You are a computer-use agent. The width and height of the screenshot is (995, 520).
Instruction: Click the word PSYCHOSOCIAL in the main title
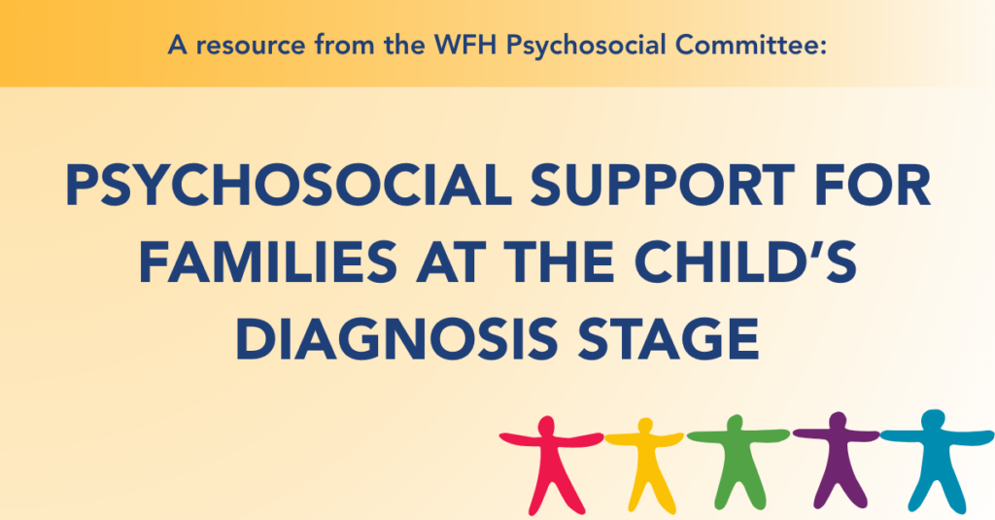(289, 186)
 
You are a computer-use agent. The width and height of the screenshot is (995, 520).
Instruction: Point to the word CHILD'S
(745, 261)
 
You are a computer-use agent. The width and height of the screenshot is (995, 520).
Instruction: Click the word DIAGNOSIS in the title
(396, 338)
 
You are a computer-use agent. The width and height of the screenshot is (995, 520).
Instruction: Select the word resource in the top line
(250, 47)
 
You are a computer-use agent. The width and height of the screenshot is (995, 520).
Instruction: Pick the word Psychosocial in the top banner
(586, 47)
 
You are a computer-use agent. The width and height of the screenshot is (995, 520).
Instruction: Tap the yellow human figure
(645, 465)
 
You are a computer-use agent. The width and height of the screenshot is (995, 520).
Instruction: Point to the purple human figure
(838, 460)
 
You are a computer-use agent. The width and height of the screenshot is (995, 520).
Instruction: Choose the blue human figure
(936, 462)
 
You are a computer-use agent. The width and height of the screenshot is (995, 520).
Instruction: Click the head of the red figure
(546, 426)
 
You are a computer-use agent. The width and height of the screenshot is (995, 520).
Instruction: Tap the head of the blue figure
(933, 420)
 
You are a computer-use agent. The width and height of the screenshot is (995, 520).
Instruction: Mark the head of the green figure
(735, 423)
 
